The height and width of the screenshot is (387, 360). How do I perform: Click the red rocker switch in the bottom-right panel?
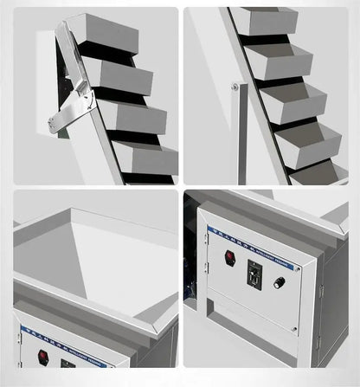[x=230, y=256]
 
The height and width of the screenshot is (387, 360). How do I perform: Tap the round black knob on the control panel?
[x=279, y=282]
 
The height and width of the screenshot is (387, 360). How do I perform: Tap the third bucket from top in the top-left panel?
[x=138, y=117]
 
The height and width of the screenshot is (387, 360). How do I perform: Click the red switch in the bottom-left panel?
[x=41, y=356]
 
